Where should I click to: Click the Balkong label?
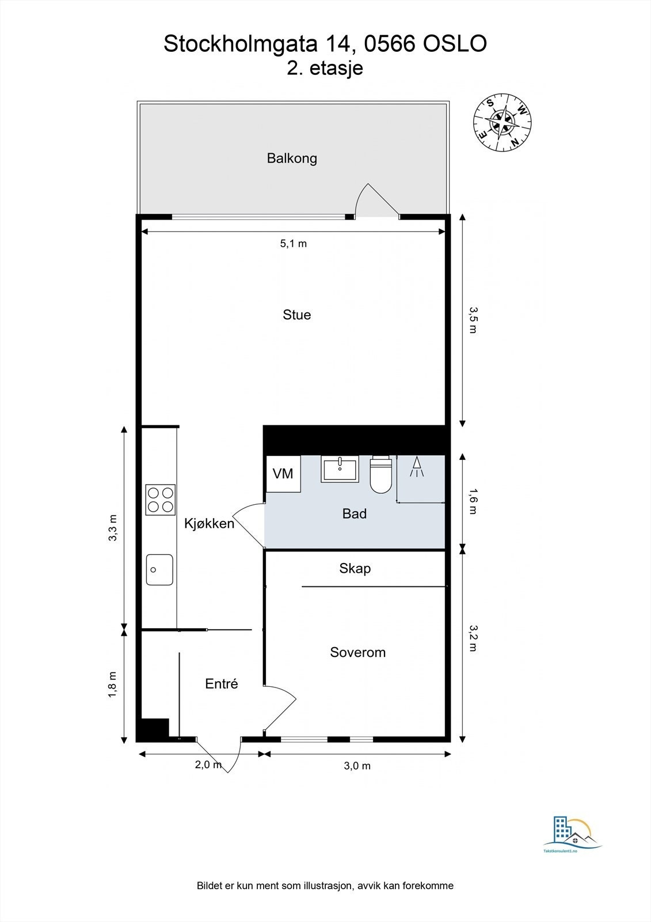(292, 158)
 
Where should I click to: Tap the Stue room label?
(296, 315)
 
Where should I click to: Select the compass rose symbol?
(502, 123)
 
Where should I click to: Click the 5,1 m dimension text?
(294, 244)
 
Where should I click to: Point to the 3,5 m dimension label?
(473, 320)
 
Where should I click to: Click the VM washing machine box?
(283, 474)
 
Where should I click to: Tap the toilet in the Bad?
(380, 475)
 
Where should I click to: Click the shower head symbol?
(417, 467)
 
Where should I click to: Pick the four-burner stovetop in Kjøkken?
(160, 500)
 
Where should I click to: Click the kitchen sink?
(159, 569)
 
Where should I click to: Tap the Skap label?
(355, 569)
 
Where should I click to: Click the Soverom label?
(357, 652)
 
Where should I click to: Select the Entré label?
(222, 684)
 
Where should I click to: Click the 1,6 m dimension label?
(473, 501)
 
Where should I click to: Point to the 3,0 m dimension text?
(357, 766)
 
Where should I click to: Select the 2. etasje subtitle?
(325, 69)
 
